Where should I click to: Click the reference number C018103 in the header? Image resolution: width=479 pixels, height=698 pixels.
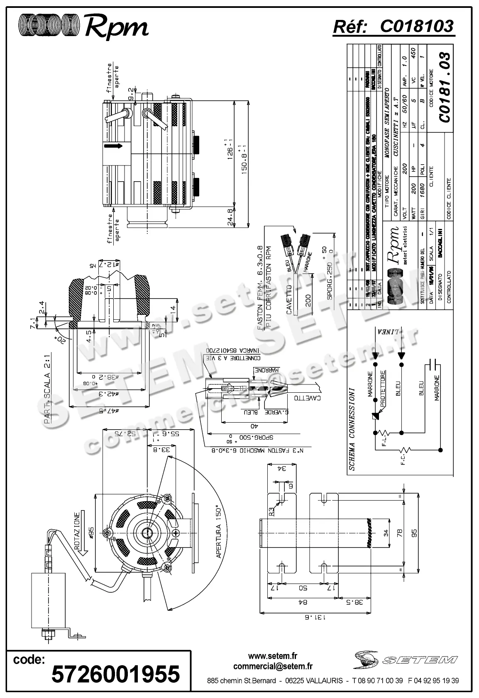click(x=417, y=27)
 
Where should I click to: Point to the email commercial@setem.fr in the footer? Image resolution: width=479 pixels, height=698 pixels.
click(x=273, y=666)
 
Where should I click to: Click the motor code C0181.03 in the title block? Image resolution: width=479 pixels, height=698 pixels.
click(x=445, y=87)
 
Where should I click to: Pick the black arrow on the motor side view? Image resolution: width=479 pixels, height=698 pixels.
click(x=113, y=146)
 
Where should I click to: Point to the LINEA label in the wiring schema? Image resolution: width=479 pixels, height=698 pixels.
click(x=389, y=332)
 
